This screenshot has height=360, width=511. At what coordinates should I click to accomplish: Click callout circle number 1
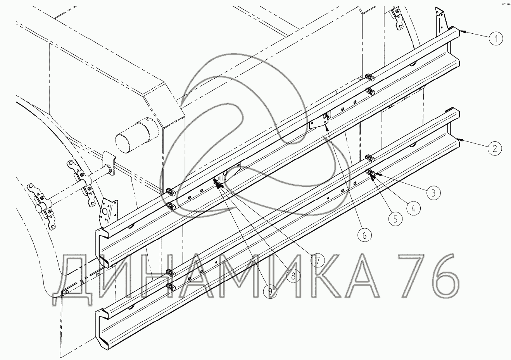pos(496,39)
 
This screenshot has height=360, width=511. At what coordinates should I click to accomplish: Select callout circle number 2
pos(495,149)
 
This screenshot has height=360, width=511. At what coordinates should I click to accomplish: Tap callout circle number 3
pos(433,193)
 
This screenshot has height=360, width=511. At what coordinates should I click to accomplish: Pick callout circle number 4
pos(413,208)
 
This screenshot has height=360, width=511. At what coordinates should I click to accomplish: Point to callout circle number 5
pos(395,219)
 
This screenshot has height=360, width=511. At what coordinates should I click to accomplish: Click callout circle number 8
pos(293,276)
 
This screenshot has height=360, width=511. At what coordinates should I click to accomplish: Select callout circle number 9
pos(270,291)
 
